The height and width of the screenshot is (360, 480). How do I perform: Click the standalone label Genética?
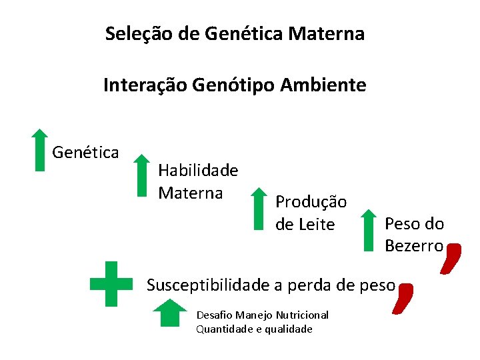pyautogui.click(x=85, y=153)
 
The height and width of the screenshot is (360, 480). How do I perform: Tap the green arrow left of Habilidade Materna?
pyautogui.click(x=141, y=176)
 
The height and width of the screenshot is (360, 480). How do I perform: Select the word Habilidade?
pyautogui.click(x=198, y=171)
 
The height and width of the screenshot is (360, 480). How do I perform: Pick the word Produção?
pyautogui.click(x=311, y=201)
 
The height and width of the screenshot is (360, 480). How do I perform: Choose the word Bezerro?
pyautogui.click(x=413, y=246)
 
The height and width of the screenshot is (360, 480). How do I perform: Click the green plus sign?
pyautogui.click(x=111, y=283)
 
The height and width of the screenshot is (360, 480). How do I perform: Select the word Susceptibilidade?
pyautogui.click(x=208, y=285)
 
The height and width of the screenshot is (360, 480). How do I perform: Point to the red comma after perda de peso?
pyautogui.click(x=403, y=297)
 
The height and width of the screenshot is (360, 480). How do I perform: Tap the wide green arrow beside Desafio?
pyautogui.click(x=171, y=313)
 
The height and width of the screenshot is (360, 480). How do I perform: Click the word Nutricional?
pyautogui.click(x=303, y=315)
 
